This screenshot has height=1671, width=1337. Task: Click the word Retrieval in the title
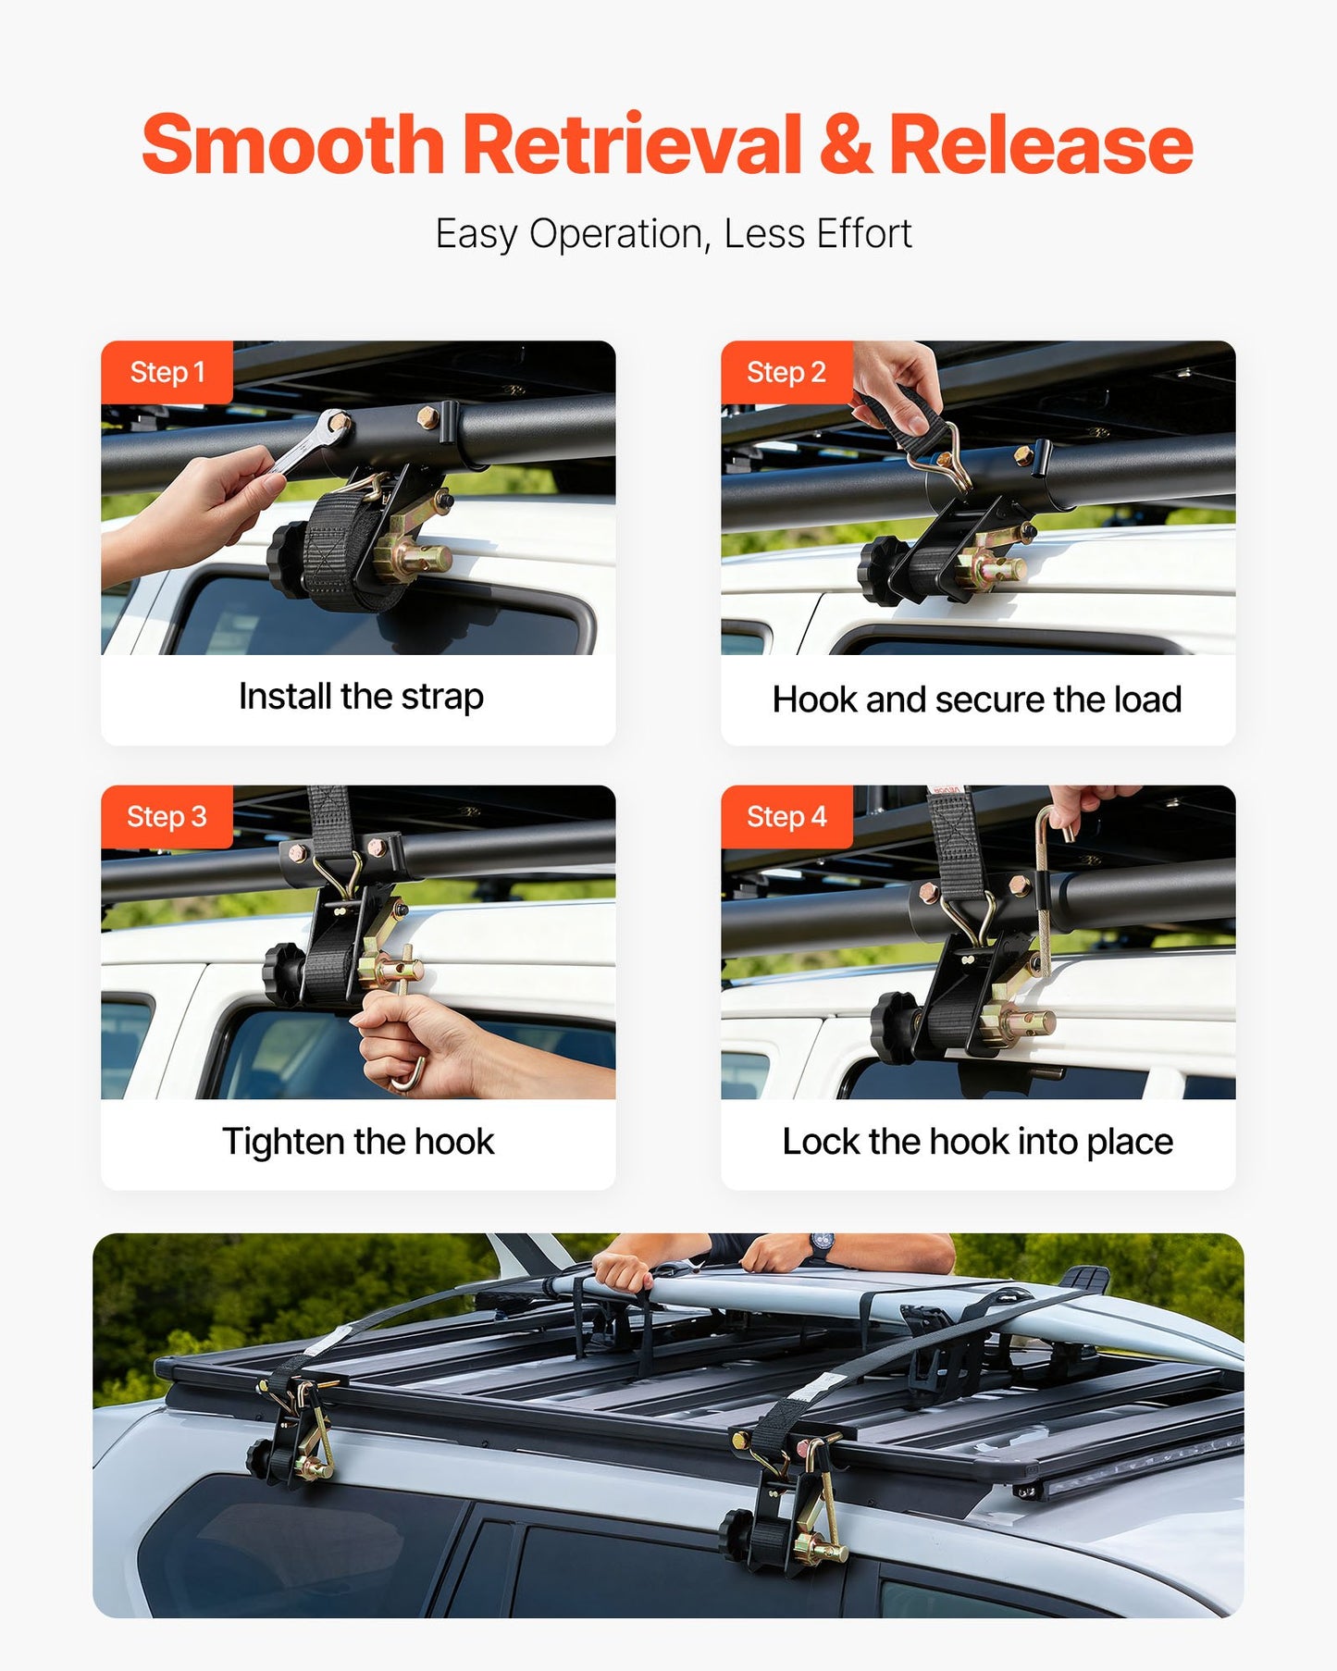[x=632, y=145]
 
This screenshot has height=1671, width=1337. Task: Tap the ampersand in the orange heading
[x=845, y=145]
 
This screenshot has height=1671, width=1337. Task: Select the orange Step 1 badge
[x=167, y=372]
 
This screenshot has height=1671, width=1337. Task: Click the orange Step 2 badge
[x=786, y=372]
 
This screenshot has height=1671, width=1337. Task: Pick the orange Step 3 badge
[x=167, y=817]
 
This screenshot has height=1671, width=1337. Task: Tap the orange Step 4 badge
[x=786, y=817]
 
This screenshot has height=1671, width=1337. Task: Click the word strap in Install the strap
[x=441, y=697]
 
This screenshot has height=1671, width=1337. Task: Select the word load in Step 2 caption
[x=1147, y=700]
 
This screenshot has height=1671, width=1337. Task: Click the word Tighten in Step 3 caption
[x=282, y=1142]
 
